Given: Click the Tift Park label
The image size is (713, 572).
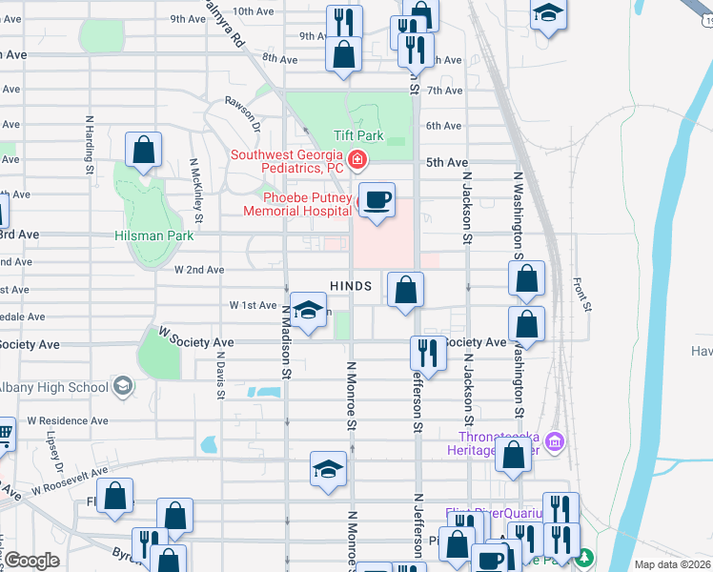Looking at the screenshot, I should click(358, 135).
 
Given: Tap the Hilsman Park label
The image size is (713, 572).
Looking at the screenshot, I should click(153, 235).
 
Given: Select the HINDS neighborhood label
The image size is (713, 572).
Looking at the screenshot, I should click(350, 286).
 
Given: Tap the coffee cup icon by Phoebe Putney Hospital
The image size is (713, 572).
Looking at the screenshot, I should click(377, 199).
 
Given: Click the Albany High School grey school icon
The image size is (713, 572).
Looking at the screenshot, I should click(121, 386).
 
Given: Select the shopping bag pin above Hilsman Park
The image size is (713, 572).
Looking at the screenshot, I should click(143, 150).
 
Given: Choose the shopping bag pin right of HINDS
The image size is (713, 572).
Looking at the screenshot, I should click(405, 289).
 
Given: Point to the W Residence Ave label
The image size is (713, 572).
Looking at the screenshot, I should click(68, 420).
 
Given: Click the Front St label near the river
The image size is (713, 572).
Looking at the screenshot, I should click(582, 295).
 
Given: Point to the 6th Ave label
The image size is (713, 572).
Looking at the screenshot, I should click(444, 126).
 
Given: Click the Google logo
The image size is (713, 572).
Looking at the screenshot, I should click(31, 561).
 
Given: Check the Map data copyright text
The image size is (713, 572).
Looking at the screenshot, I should click(673, 564).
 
